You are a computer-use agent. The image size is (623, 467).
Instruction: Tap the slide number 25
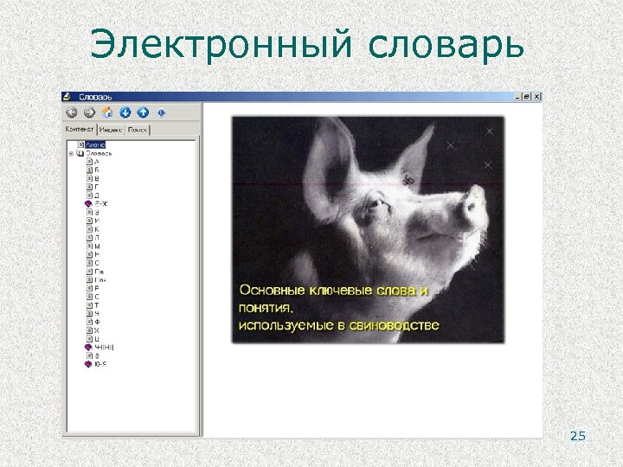[x=578, y=436]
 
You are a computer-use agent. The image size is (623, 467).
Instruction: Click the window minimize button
[x=519, y=96]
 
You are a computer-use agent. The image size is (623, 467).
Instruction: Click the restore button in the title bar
[x=529, y=96]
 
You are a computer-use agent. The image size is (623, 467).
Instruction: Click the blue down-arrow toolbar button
[x=125, y=112]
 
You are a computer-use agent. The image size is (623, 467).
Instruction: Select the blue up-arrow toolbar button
[x=143, y=112]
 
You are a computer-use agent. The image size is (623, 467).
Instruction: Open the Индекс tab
[x=111, y=130]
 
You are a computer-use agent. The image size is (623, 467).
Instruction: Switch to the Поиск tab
[x=138, y=130]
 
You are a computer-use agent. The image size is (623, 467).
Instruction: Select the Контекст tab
[x=80, y=129]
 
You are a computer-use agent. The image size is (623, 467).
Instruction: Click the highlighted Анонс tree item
[x=95, y=144]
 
